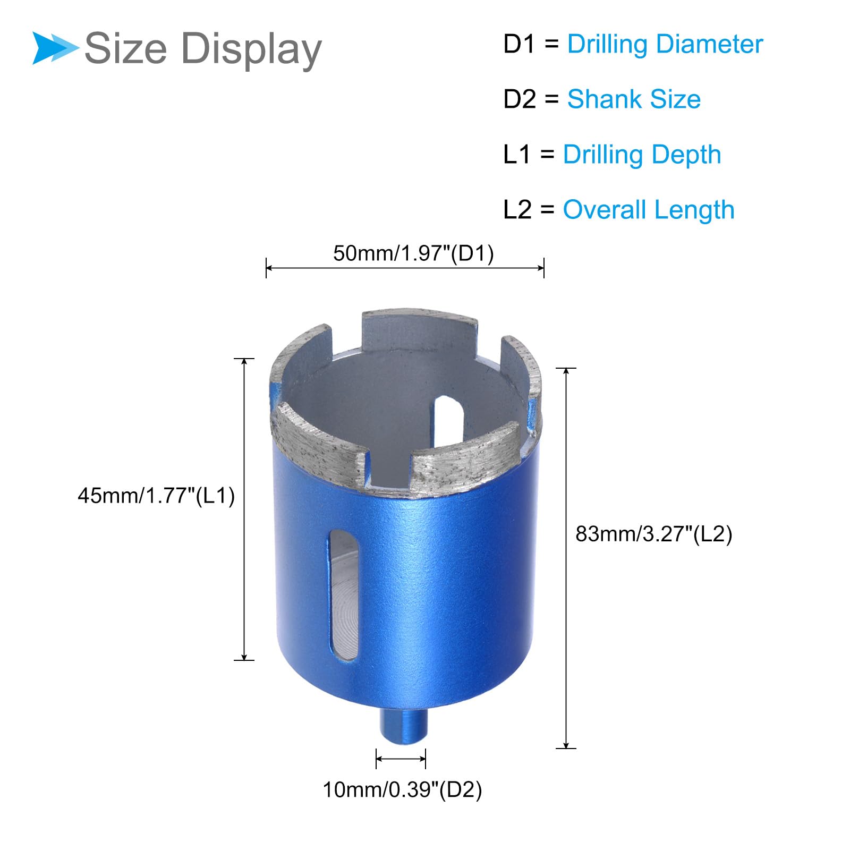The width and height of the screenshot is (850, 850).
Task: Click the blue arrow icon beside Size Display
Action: [55, 48]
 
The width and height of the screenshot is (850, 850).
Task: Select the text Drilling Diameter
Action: [665, 44]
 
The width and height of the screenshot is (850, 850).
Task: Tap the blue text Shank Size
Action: [634, 99]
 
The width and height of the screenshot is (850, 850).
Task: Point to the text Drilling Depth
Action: [642, 155]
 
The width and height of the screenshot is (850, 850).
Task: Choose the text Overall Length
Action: [649, 210]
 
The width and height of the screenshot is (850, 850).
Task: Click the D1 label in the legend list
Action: [520, 44]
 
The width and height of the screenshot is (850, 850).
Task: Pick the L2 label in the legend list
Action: [517, 210]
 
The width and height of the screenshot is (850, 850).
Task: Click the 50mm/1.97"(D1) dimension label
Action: [413, 253]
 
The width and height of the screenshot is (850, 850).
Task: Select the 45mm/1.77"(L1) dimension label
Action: [156, 496]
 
